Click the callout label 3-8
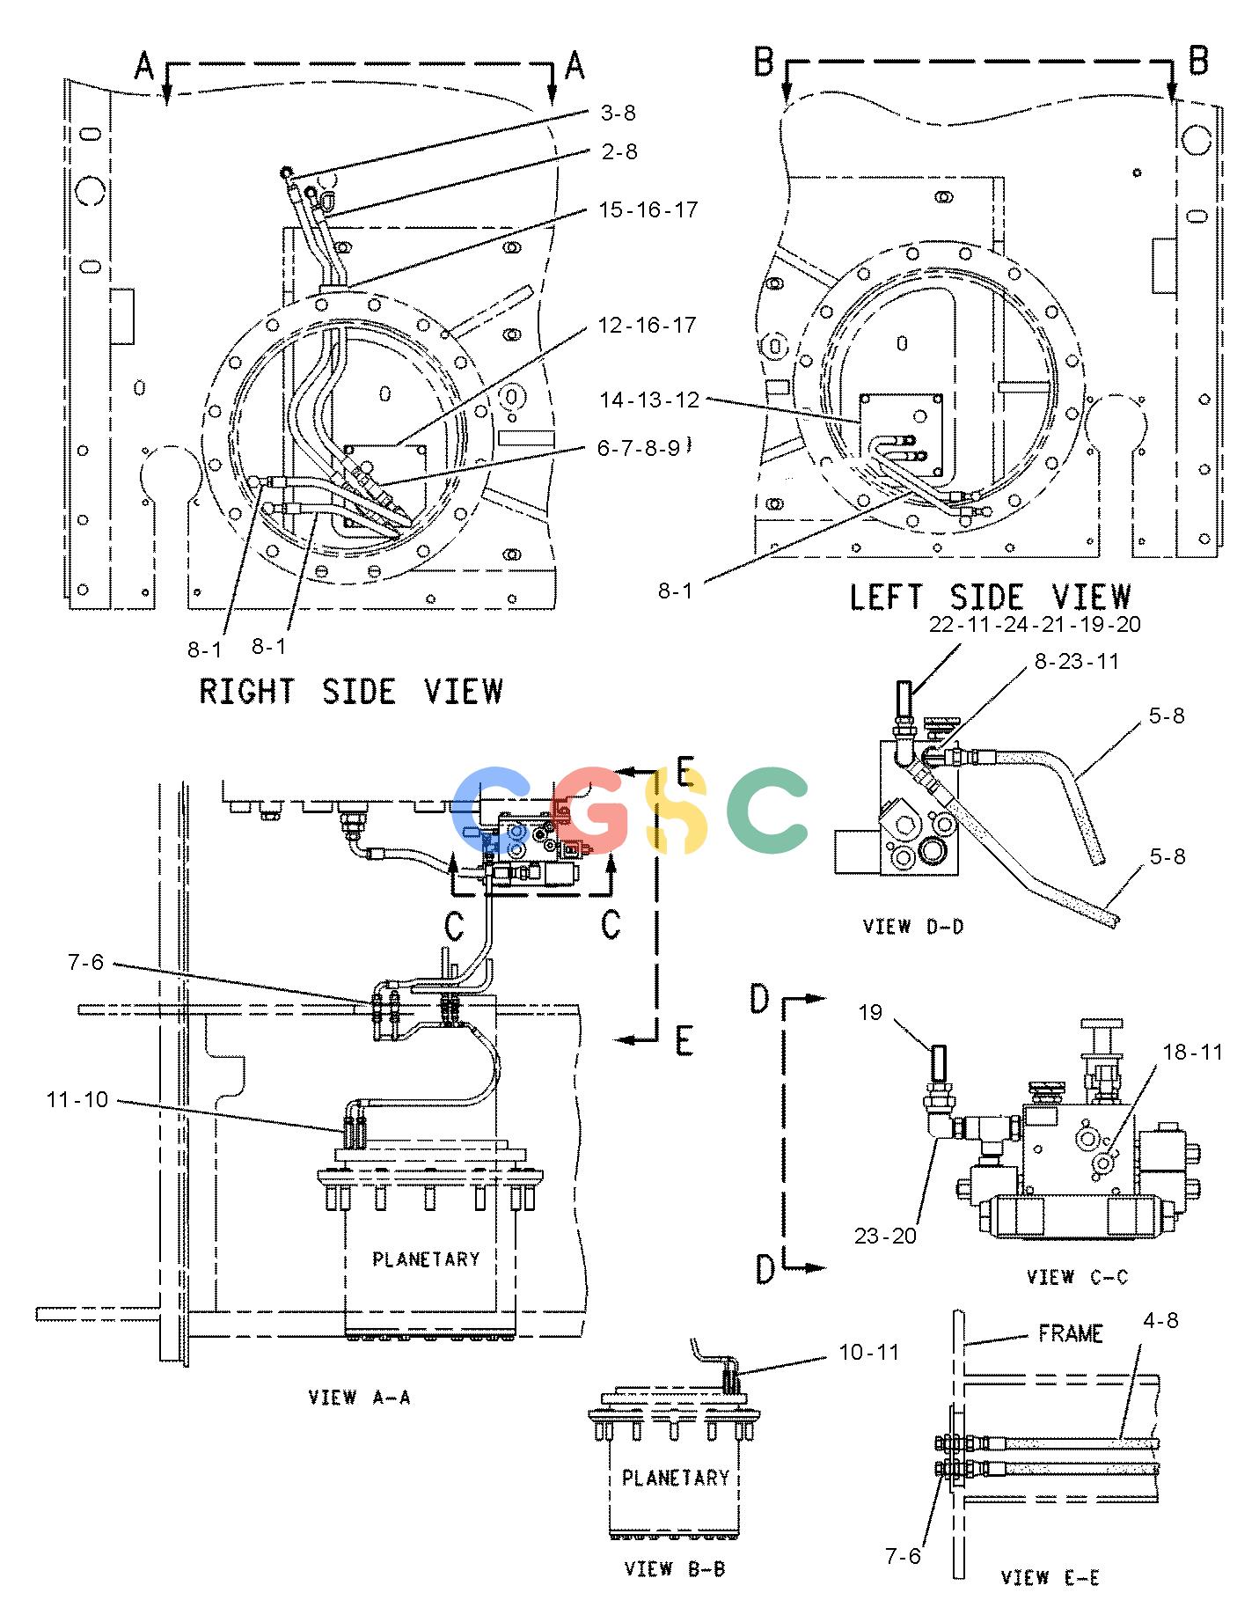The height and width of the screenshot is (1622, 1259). click(618, 114)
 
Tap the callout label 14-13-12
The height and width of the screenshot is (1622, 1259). click(650, 400)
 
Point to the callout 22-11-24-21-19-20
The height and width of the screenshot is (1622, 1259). click(1035, 624)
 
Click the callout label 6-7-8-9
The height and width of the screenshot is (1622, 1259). click(638, 448)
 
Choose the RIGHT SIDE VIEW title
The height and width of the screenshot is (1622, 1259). click(351, 691)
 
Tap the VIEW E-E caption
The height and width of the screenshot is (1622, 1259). click(1050, 1578)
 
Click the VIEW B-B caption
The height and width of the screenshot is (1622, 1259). click(675, 1568)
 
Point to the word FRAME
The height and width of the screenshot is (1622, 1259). click(1071, 1333)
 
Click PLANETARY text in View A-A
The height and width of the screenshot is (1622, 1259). click(426, 1259)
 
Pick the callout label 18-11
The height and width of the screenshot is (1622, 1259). click(1192, 1052)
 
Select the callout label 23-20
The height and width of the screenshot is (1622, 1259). click(885, 1236)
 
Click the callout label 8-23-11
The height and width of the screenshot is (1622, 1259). click(1076, 661)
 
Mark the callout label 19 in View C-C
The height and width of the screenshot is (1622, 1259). click(870, 1013)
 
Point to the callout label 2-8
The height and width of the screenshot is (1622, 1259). click(619, 152)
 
